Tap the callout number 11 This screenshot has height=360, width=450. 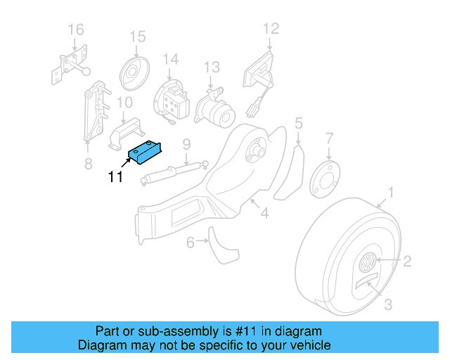click(x=116, y=177)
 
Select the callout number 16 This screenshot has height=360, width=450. click(x=75, y=30)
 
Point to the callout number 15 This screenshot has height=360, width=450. click(x=136, y=37)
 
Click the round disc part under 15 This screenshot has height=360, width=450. click(x=134, y=71)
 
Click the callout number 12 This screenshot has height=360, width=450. click(x=271, y=29)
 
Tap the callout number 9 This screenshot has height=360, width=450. click(x=186, y=145)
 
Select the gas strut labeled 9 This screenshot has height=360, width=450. click(x=172, y=171)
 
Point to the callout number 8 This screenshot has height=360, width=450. click(x=88, y=165)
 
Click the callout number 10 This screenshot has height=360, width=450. click(x=124, y=103)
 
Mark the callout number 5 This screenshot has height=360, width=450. click(x=299, y=124)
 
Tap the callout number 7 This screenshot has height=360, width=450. click(x=329, y=136)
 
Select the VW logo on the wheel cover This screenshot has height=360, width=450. click(x=366, y=266)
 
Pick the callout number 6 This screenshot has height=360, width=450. click(x=190, y=243)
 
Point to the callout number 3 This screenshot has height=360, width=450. click(x=388, y=304)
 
